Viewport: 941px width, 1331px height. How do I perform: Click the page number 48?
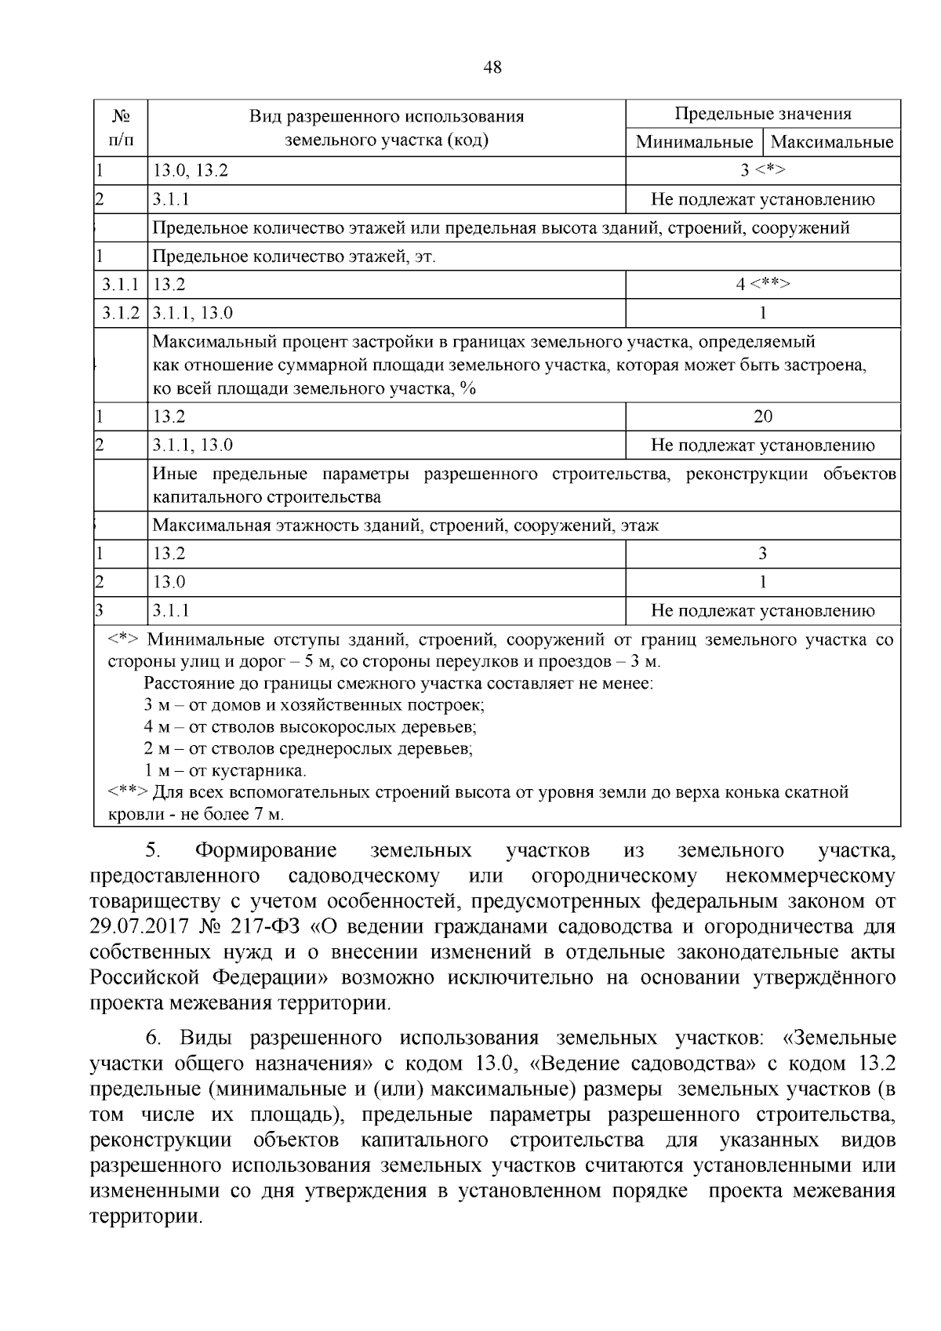click(x=492, y=67)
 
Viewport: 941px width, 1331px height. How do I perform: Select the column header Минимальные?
click(x=693, y=142)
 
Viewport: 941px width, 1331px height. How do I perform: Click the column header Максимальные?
click(x=832, y=142)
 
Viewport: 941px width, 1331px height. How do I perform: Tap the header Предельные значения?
click(x=762, y=114)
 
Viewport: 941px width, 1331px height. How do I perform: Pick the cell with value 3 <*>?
click(x=762, y=170)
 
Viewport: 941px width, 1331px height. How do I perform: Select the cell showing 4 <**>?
click(x=762, y=284)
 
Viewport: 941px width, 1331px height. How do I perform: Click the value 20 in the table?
click(x=762, y=416)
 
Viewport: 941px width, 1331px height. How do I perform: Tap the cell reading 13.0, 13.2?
click(x=191, y=170)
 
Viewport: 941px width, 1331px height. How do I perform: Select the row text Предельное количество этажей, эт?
click(x=293, y=256)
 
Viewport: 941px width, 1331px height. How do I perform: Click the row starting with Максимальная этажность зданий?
click(x=405, y=525)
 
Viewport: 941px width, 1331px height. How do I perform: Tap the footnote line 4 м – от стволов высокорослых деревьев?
click(x=310, y=727)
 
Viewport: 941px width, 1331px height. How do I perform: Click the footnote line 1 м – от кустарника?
click(x=225, y=770)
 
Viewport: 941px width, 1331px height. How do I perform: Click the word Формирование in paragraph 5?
click(x=266, y=851)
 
